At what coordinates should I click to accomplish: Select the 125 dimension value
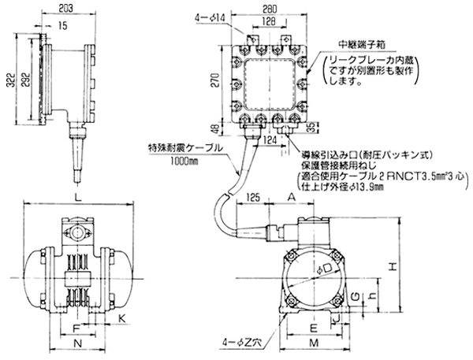click(x=253, y=195)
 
